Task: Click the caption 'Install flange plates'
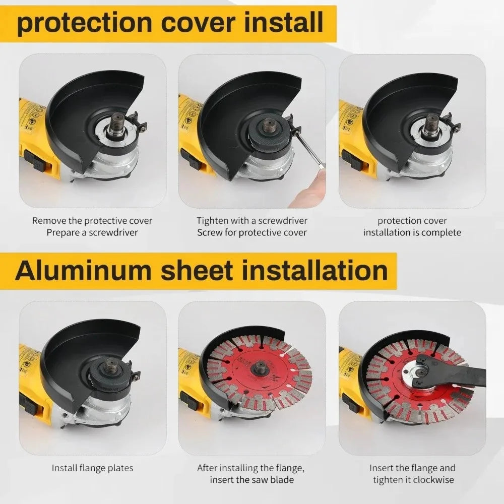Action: [x=93, y=468]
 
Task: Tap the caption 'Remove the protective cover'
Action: [x=92, y=221]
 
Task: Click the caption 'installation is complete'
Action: [x=412, y=232]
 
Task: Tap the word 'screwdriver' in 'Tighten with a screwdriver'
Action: [x=280, y=221]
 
